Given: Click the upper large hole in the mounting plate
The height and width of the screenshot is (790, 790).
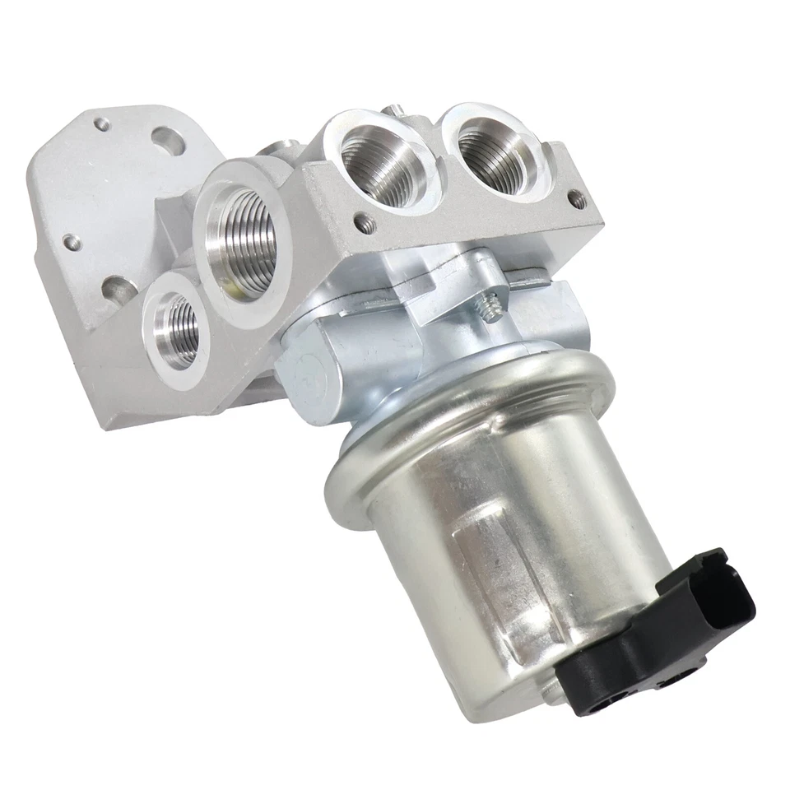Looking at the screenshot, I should (168, 141).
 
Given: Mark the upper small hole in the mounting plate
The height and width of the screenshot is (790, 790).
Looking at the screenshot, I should (101, 124).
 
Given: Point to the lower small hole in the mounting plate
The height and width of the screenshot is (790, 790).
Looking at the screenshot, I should (72, 241).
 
